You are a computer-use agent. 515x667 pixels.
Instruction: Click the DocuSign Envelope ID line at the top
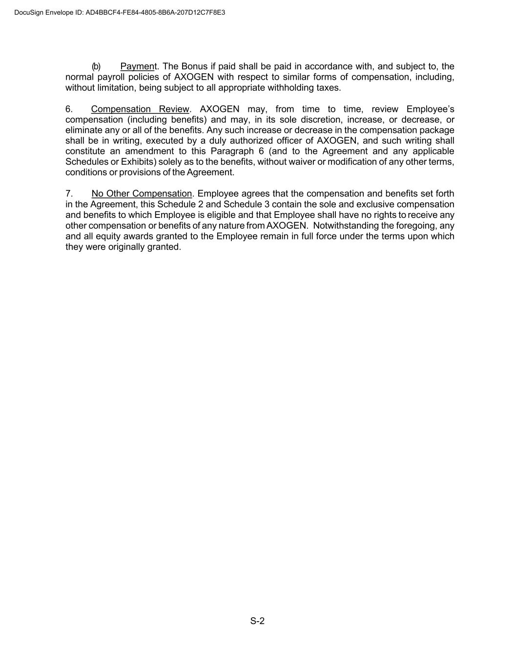coord(120,13)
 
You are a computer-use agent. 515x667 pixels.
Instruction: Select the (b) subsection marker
coord(96,66)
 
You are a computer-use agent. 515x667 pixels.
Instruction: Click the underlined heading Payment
coord(139,66)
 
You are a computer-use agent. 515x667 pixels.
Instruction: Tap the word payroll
coord(111,77)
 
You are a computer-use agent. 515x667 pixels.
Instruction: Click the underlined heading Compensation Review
coord(140,109)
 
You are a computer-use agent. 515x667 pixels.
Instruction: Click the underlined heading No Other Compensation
coord(142,194)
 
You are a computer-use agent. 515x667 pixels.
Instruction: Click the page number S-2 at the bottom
coord(257,621)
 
